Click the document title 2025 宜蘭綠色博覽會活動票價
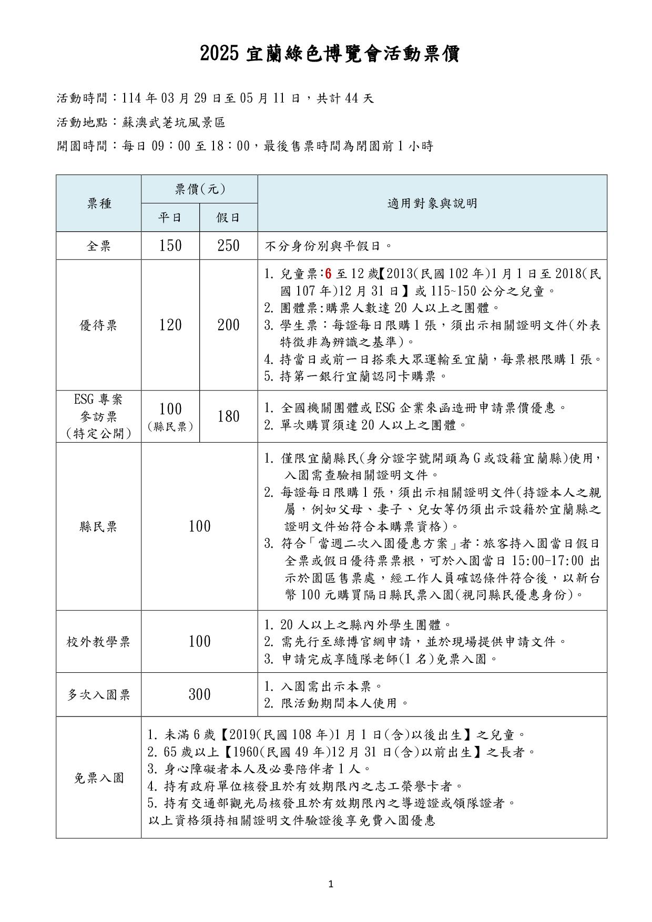pos(330,54)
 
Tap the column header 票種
pos(99,203)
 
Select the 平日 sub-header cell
pos(170,217)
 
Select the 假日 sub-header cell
pos(228,217)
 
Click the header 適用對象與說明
pos(432,203)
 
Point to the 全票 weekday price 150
pos(170,245)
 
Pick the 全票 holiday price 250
pos(228,245)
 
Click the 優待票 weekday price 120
pos(170,325)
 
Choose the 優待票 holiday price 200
pos(228,325)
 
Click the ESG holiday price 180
pos(228,416)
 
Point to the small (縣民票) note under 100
pos(170,427)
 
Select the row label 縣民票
pos(99,527)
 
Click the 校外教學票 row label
pos(99,642)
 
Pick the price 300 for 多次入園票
pos(199,695)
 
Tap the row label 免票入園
pos(99,777)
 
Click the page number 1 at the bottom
pos(331,884)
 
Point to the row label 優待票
pos(99,325)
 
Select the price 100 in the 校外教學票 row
pos(199,641)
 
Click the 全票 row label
pos(99,246)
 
